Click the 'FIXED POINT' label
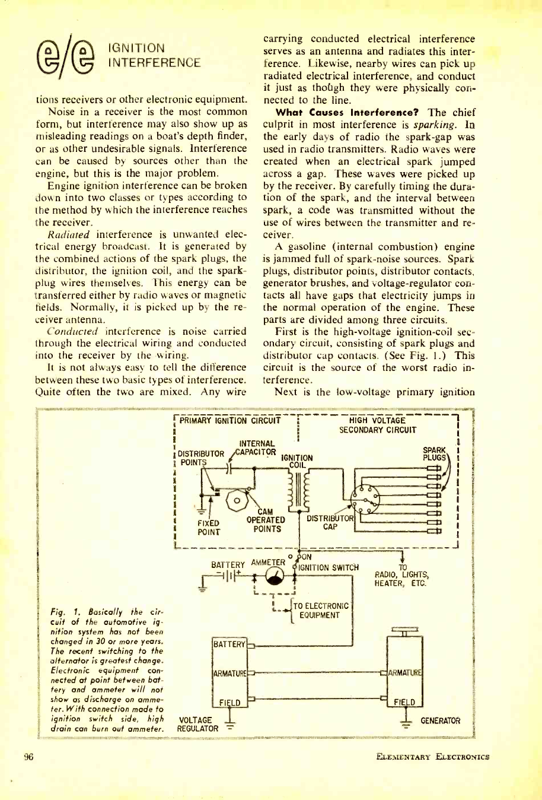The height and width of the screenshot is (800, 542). click(x=208, y=527)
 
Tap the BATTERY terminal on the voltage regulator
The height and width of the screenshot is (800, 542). click(x=229, y=644)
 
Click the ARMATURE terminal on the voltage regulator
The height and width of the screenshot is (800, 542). click(x=229, y=672)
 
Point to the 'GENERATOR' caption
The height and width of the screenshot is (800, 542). click(x=441, y=720)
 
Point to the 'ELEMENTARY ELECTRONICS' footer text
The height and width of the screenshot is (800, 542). click(x=432, y=756)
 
